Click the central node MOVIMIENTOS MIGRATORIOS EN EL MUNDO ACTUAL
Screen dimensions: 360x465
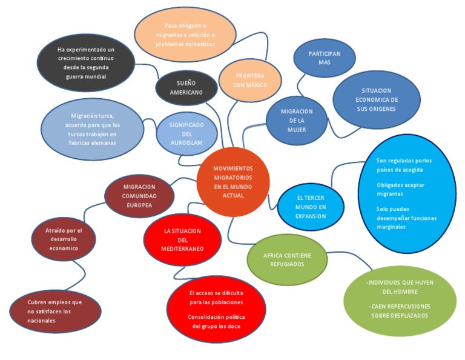(233, 182)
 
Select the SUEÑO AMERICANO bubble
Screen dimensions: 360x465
(186, 88)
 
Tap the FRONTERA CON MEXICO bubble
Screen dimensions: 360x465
(250, 80)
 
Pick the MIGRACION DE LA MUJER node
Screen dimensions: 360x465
(297, 120)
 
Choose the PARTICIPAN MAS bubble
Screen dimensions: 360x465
(325, 58)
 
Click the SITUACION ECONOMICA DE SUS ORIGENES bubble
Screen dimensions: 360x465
(376, 99)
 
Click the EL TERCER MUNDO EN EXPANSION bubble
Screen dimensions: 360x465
(311, 207)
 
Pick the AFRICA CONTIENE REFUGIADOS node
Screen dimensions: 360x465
(287, 259)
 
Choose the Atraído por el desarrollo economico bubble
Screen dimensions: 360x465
(64, 239)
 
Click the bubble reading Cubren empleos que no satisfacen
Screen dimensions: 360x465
(54, 311)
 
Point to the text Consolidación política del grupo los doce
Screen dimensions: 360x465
(216, 321)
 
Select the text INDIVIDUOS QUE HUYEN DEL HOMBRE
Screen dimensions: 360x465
(400, 287)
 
